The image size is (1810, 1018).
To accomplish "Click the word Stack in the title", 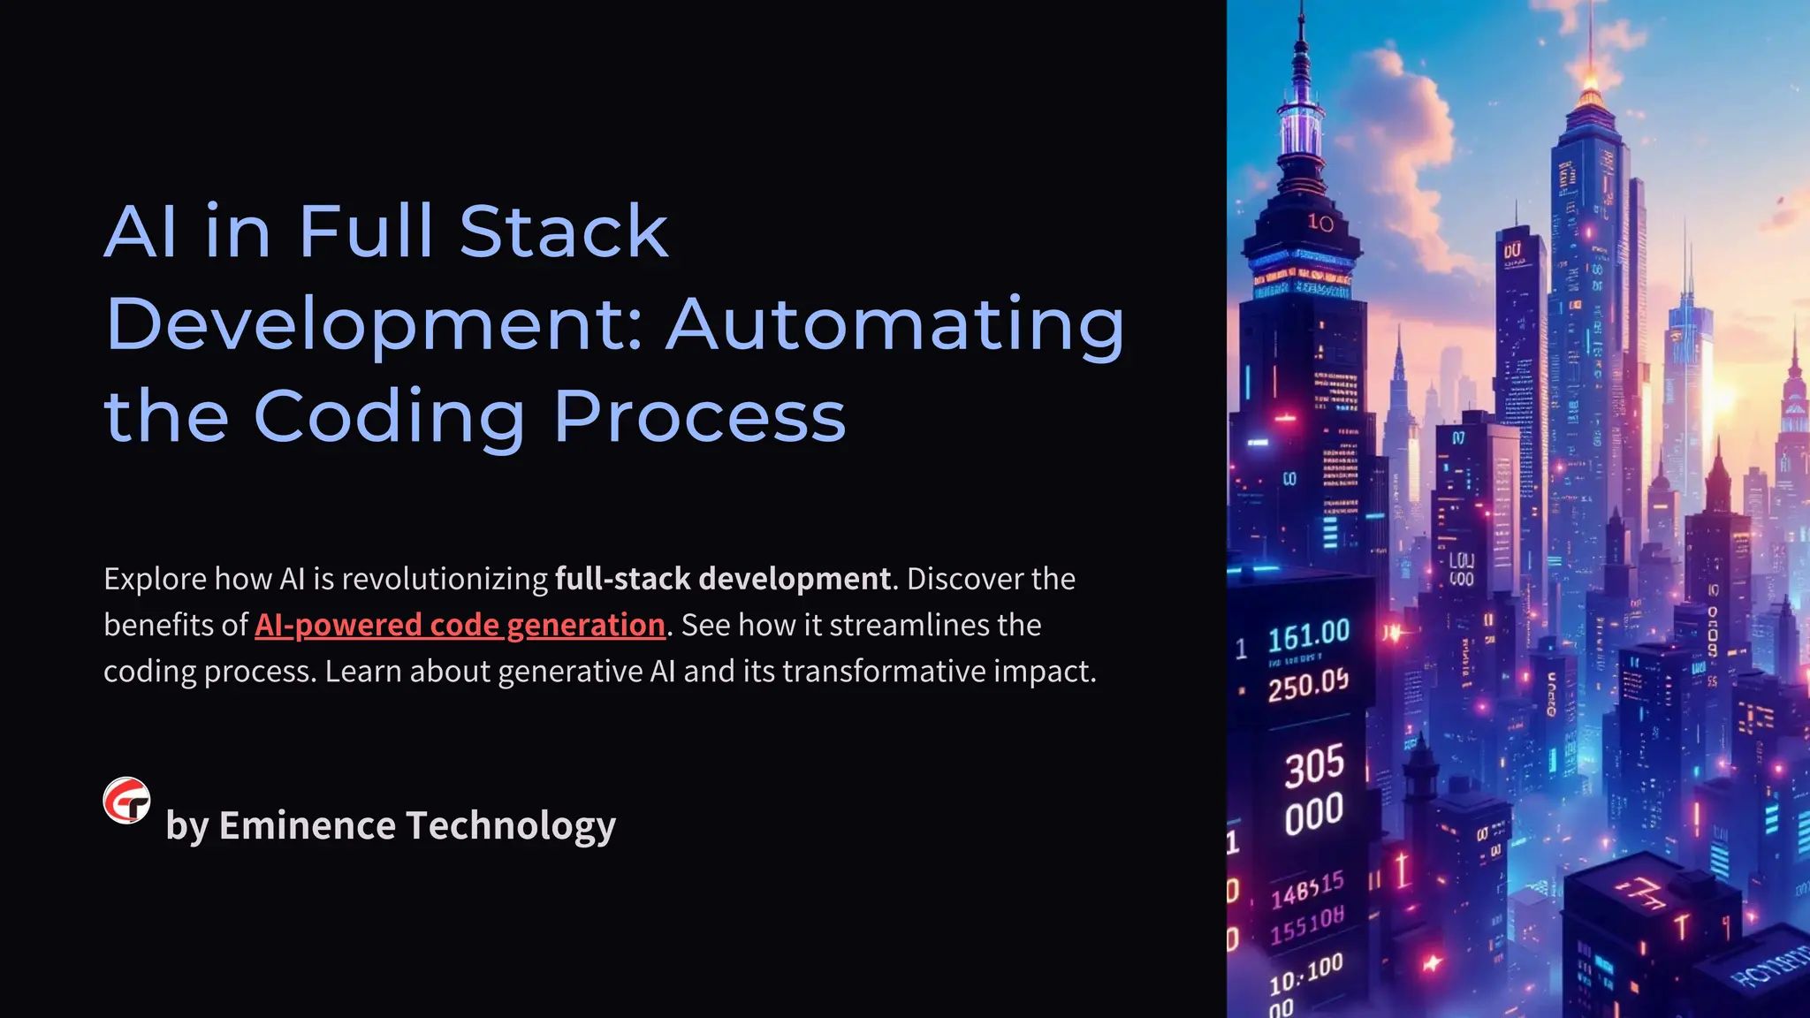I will tap(563, 232).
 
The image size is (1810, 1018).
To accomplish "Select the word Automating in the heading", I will tap(894, 324).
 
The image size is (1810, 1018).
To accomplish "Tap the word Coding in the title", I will tap(389, 416).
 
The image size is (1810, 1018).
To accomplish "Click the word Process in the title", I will tap(699, 416).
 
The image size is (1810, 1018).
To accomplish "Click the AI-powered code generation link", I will tap(460, 625).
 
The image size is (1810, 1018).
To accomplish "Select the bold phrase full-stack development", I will tap(723, 579).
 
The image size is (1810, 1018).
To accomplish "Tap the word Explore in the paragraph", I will tap(155, 579).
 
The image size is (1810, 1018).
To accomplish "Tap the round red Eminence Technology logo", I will tap(126, 801).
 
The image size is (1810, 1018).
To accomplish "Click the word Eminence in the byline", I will tap(307, 825).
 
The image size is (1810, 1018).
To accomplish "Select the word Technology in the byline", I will tap(510, 825).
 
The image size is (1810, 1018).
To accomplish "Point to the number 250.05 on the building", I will tap(1308, 685).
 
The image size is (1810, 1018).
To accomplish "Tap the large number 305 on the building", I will tap(1314, 765).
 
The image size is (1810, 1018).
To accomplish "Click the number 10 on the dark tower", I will tap(1320, 223).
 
